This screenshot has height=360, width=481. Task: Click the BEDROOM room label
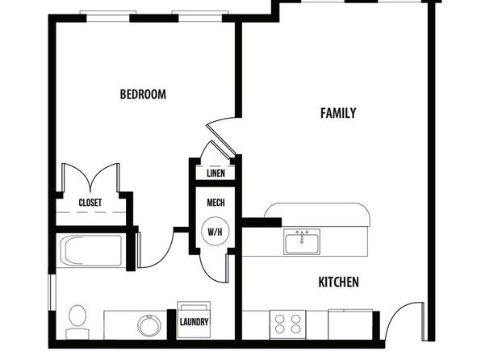(x=143, y=94)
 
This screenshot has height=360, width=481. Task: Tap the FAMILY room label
(x=338, y=113)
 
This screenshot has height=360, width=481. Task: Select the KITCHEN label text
(x=339, y=282)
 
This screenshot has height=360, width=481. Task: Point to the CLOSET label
(x=90, y=203)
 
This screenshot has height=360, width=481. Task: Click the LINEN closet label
(x=215, y=174)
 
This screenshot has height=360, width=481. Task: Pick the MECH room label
(x=215, y=203)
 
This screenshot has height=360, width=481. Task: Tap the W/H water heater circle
(x=215, y=232)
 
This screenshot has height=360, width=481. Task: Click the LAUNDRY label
(x=194, y=322)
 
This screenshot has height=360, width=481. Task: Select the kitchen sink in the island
(x=302, y=241)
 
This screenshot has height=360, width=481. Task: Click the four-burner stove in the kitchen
(x=288, y=324)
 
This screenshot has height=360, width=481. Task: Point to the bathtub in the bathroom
(x=91, y=250)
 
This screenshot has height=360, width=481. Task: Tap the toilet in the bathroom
(x=77, y=321)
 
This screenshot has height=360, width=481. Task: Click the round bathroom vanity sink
(x=149, y=325)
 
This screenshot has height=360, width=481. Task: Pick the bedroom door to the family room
(x=221, y=136)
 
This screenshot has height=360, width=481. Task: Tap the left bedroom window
(x=108, y=17)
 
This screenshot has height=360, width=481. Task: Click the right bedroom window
(x=200, y=17)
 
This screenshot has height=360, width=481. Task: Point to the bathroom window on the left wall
(x=52, y=292)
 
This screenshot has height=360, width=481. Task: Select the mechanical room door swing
(x=214, y=268)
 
